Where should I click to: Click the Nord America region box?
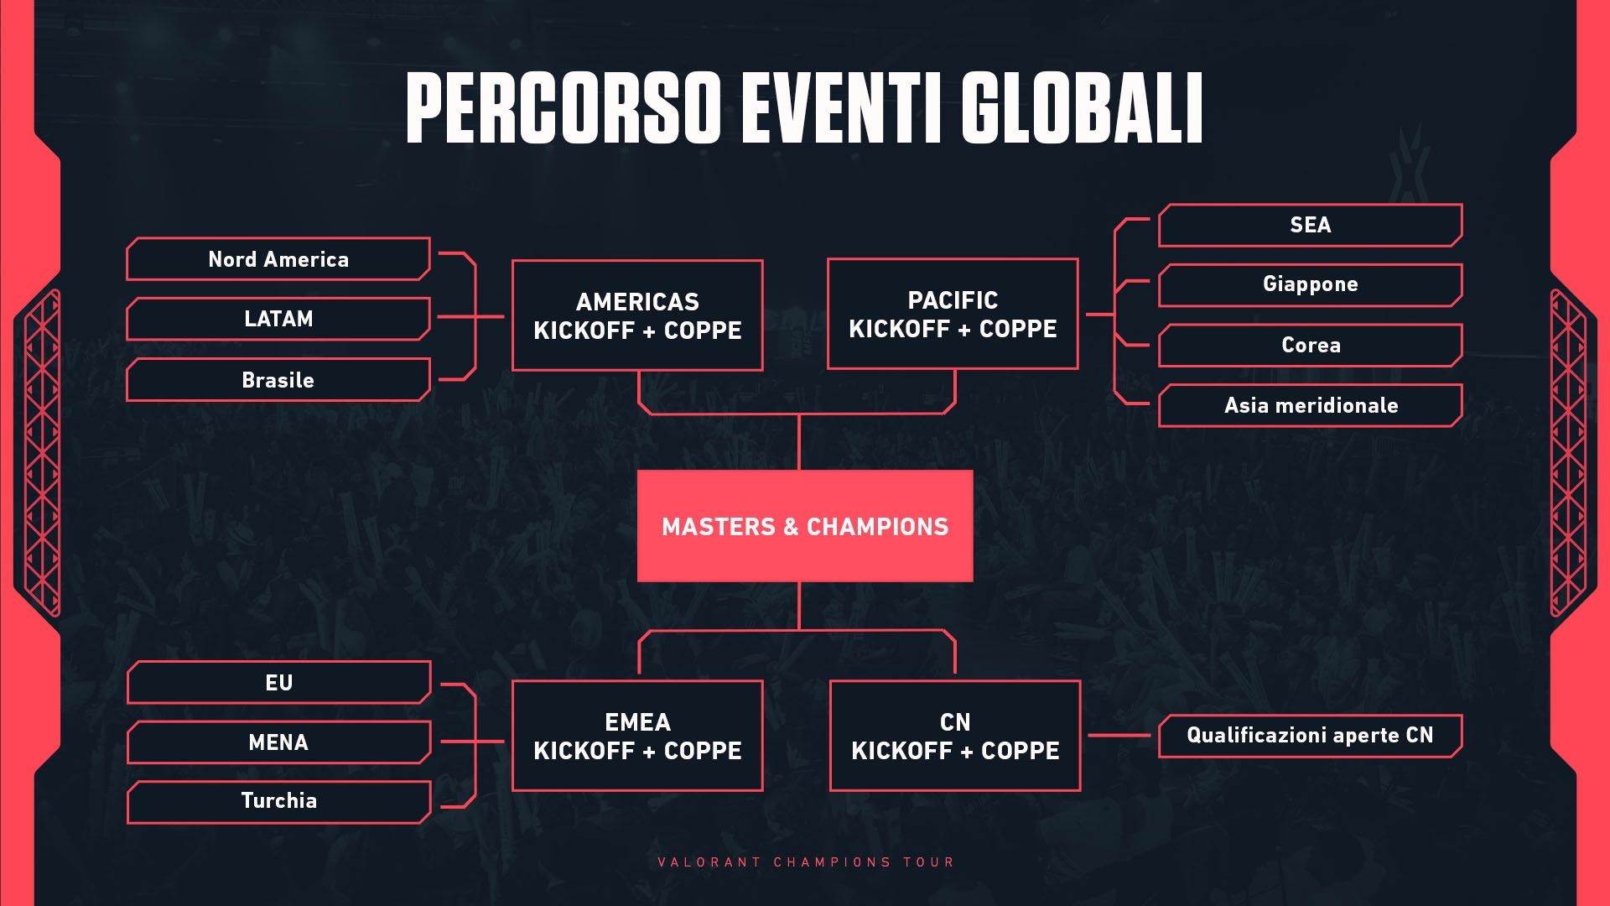coord(278,259)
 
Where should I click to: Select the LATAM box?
coord(278,319)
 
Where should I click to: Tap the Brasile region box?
coord(278,380)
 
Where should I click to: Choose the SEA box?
coord(1310,225)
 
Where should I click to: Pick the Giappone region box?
coord(1310,284)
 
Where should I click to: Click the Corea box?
coord(1310,345)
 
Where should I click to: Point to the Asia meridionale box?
coord(1310,405)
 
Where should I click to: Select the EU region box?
coord(278,682)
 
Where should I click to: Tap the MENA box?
coord(278,742)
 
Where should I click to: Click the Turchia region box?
coord(278,801)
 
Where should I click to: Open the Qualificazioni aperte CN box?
coord(1310,736)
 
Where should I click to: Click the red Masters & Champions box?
coord(805,526)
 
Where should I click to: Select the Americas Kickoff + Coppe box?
coord(637,315)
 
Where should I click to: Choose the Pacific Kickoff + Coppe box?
coord(953,314)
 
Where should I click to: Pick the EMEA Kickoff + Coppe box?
coord(637,736)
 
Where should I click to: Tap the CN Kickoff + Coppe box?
coord(955,736)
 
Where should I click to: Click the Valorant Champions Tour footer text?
coord(806,862)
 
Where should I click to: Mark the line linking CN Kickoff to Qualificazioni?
coord(1119,736)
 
